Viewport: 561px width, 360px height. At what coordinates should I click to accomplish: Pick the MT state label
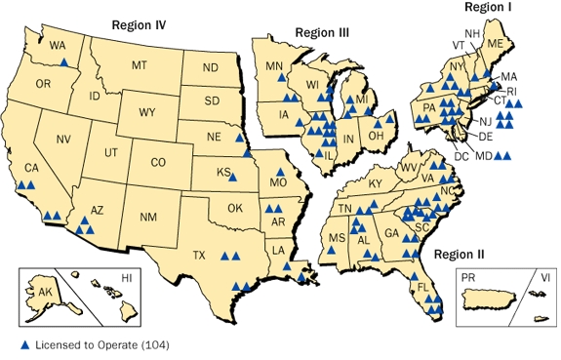pyautogui.click(x=139, y=64)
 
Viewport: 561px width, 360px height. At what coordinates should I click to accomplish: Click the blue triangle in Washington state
pyautogui.click(x=64, y=61)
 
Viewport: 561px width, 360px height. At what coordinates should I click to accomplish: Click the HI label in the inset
pyautogui.click(x=126, y=279)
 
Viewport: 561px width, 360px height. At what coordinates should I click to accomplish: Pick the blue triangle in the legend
pyautogui.click(x=24, y=344)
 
